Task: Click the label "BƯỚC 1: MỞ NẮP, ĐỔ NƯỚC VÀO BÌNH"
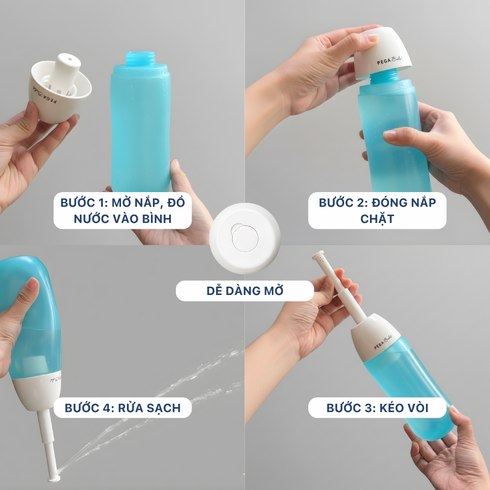122,211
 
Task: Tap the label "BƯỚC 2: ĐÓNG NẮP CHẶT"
377,211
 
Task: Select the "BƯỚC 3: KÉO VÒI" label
377,408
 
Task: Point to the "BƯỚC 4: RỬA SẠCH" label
122,408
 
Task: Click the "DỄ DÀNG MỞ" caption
245,291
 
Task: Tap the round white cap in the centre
245,239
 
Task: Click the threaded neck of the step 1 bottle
140,59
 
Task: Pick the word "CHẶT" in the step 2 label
377,219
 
